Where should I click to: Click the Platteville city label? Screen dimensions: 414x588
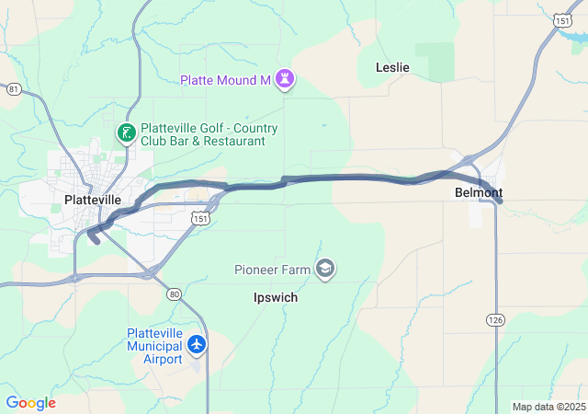tap(93, 199)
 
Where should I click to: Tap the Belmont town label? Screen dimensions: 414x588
tap(479, 193)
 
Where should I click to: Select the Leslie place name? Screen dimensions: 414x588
tap(392, 67)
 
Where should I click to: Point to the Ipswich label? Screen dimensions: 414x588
tap(276, 298)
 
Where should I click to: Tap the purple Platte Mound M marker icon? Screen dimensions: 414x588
tap(286, 80)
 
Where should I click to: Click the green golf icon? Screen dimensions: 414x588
tap(126, 134)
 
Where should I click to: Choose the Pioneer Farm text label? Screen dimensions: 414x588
tap(273, 270)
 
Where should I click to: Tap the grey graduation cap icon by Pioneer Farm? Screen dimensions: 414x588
tap(324, 269)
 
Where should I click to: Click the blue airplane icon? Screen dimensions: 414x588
tap(196, 345)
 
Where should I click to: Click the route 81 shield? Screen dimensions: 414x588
tap(13, 89)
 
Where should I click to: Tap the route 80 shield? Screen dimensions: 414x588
tap(174, 293)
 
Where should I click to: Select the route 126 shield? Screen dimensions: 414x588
tap(494, 318)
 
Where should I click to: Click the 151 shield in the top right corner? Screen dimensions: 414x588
tap(563, 19)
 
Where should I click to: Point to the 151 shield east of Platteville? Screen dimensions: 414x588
tap(201, 219)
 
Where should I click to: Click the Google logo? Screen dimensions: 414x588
tap(30, 403)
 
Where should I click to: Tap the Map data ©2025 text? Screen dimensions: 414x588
tap(548, 407)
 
